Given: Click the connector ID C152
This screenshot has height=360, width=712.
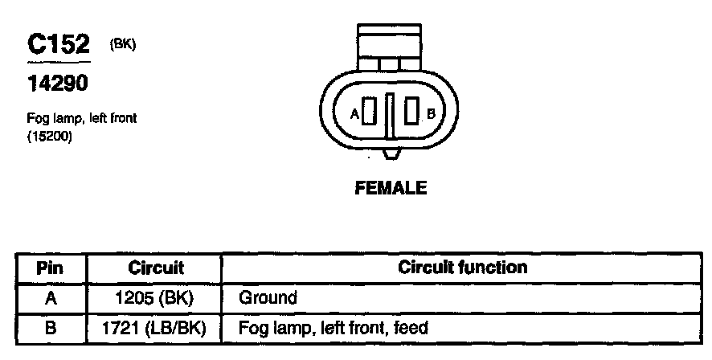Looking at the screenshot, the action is coord(59,45).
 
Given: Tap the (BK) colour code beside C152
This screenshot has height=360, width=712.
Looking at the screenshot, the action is coord(122,45).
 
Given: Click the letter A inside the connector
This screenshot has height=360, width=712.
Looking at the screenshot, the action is coord(354,113).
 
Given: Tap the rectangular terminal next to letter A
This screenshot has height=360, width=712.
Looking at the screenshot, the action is coord(369,112).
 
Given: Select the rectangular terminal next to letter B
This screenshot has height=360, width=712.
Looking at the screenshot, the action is coord(412,112).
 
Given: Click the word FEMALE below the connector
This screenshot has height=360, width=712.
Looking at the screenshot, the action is coord(391,189).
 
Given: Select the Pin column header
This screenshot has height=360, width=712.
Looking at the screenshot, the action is coord(50,268).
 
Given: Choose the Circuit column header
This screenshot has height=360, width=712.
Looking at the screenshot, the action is coord(156,268).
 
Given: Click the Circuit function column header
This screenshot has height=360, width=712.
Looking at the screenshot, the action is coord(463,268).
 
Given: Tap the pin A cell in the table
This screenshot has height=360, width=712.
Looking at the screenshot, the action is coord(50,298).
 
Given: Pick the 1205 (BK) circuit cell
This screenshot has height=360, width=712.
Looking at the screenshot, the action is coord(156,298).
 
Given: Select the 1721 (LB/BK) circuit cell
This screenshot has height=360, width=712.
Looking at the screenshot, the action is coord(156,328).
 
